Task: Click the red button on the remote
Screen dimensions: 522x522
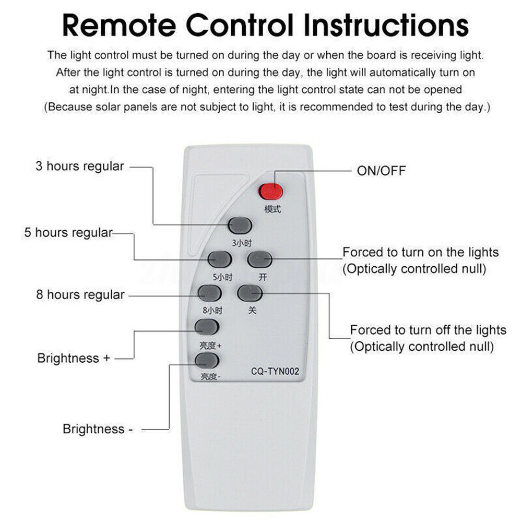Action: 271,192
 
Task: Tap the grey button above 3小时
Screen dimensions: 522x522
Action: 240,225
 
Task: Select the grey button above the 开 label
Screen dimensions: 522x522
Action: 260,259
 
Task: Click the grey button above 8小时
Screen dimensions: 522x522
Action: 209,293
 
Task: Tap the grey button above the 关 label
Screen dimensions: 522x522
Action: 250,293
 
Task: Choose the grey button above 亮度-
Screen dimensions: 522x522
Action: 206,360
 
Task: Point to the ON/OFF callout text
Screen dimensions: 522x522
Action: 381,171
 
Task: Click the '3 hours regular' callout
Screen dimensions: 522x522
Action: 80,167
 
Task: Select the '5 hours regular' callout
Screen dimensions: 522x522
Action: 68,233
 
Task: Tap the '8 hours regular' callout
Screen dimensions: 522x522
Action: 80,295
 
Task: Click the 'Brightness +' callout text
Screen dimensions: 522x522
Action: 74,359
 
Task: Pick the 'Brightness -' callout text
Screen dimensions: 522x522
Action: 94,429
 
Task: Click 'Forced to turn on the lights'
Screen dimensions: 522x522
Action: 420,253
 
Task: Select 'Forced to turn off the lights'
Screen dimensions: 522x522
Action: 428,330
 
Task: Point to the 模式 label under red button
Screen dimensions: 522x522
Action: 272,209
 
